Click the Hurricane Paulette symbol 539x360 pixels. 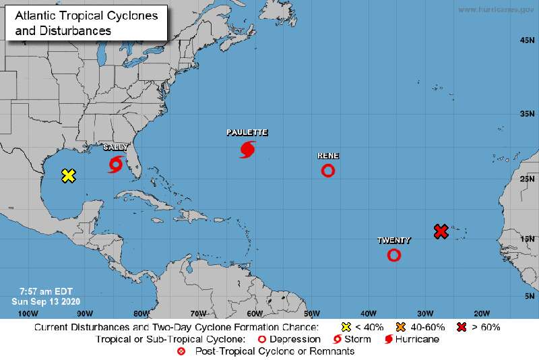pyautogui.click(x=247, y=149)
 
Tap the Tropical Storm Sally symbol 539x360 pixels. pyautogui.click(x=115, y=164)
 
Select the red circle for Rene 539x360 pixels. pyautogui.click(x=328, y=171)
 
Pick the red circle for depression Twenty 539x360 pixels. pyautogui.click(x=394, y=255)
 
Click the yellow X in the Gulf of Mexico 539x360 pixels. pyautogui.click(x=68, y=176)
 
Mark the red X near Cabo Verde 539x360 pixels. pyautogui.click(x=441, y=231)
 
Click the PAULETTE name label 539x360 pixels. pyautogui.click(x=247, y=133)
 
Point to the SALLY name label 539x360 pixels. pyautogui.click(x=115, y=147)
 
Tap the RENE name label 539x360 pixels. pyautogui.click(x=328, y=156)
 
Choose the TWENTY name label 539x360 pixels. pyautogui.click(x=394, y=240)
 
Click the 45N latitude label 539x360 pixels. pyautogui.click(x=527, y=41)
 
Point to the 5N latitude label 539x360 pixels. pyautogui.click(x=529, y=296)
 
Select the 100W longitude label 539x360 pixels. pyautogui.click(x=28, y=313)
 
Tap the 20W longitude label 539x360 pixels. pyautogui.click(x=481, y=313)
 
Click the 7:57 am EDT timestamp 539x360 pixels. pyautogui.click(x=41, y=291)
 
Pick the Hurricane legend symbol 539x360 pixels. pyautogui.click(x=388, y=339)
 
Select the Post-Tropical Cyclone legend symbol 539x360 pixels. pyautogui.click(x=181, y=351)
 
